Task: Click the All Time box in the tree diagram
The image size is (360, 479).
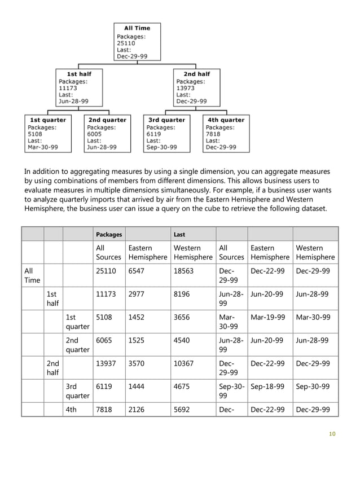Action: pos(137,42)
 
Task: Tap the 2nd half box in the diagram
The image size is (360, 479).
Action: pos(196,87)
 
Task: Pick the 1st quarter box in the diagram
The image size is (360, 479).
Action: pos(49,133)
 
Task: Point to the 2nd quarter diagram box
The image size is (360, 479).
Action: pos(107,133)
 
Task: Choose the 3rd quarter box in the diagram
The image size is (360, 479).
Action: pos(166,133)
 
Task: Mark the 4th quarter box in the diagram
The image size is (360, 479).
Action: pos(226,133)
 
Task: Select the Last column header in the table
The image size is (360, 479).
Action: pos(179,234)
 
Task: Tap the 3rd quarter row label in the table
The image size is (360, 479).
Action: pos(78,391)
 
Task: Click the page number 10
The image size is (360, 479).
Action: pos(332,434)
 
